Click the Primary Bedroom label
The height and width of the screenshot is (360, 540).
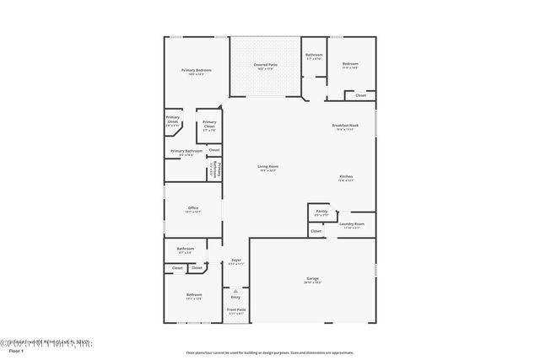(196, 71)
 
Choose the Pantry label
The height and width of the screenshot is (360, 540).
(321, 212)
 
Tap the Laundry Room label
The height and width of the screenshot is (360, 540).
(352, 225)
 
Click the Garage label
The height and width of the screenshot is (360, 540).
(313, 279)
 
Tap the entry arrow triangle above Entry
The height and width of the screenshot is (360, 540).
(236, 291)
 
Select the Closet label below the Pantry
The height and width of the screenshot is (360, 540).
(316, 231)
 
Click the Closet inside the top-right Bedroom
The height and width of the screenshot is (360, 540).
(360, 95)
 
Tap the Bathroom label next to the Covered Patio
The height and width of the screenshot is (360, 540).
(314, 56)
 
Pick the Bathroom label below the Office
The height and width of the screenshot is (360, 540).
(185, 250)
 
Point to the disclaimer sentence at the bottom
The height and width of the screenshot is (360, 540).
(269, 352)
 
